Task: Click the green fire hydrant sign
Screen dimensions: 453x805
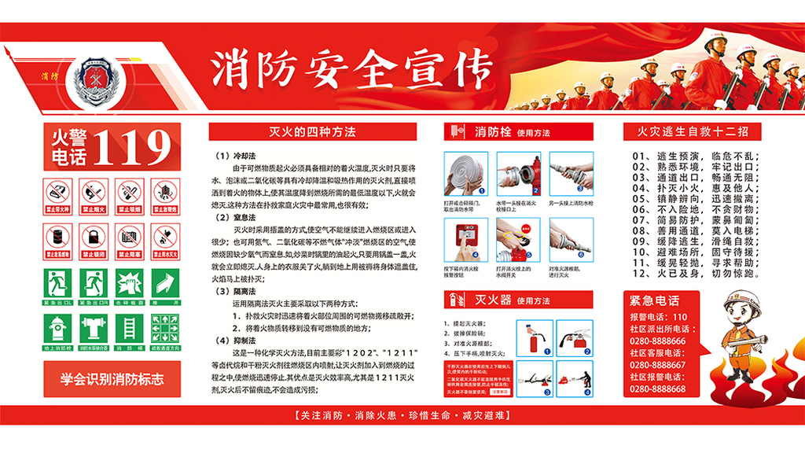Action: [58, 329]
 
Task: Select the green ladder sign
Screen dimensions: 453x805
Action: [129, 329]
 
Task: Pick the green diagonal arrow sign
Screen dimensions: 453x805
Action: [164, 284]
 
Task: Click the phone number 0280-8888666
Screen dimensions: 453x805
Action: [656, 341]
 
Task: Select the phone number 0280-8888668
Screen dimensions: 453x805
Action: [656, 389]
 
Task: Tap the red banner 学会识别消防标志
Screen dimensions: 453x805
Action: [112, 379]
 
